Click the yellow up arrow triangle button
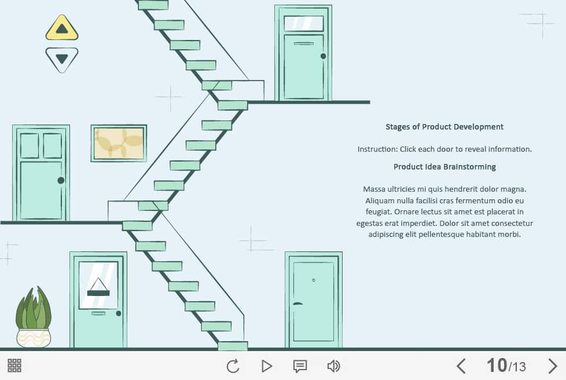click(62, 28)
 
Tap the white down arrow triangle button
click(62, 60)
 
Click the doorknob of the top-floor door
click(323, 56)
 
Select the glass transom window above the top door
click(304, 24)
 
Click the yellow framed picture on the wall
click(119, 144)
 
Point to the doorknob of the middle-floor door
click(61, 180)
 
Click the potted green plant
click(33, 317)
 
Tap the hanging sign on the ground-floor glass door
click(98, 287)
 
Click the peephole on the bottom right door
click(313, 280)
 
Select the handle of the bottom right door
click(297, 304)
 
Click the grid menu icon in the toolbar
click(14, 366)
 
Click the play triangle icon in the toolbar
click(267, 366)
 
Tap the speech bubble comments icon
click(300, 366)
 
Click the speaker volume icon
click(333, 366)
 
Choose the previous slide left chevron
click(461, 366)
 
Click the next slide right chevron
click(552, 366)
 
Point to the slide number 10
click(497, 365)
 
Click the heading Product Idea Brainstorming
click(444, 167)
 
